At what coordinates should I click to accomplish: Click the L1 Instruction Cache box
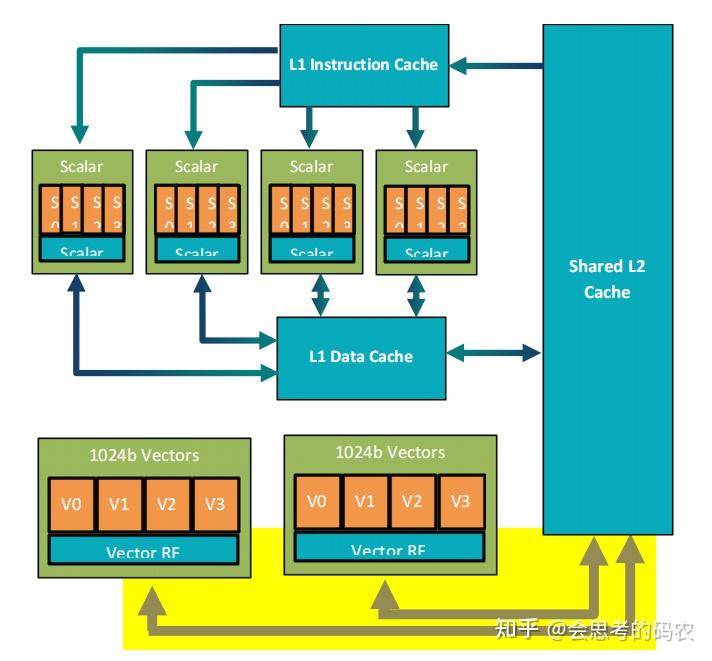coord(363,65)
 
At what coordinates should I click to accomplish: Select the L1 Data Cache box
coord(360,356)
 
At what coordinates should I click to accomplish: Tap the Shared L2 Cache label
coord(607,279)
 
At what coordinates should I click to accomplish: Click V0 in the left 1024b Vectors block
coord(71,505)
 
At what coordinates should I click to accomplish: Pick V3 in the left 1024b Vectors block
coord(215,505)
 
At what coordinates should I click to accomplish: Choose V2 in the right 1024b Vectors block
coord(412,501)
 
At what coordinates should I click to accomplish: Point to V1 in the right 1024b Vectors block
coord(365,501)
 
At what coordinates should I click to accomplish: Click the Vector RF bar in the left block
coord(143,550)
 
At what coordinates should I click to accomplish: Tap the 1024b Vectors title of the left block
coord(143,456)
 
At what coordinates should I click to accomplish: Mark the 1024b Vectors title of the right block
coord(389,452)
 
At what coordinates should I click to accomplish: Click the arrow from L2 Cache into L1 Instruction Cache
coord(495,66)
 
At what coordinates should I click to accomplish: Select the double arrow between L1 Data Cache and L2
coord(493,352)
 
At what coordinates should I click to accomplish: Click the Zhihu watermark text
coord(594,630)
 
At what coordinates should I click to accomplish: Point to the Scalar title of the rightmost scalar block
coord(426,167)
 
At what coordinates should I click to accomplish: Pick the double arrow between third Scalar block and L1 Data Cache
coord(320,295)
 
